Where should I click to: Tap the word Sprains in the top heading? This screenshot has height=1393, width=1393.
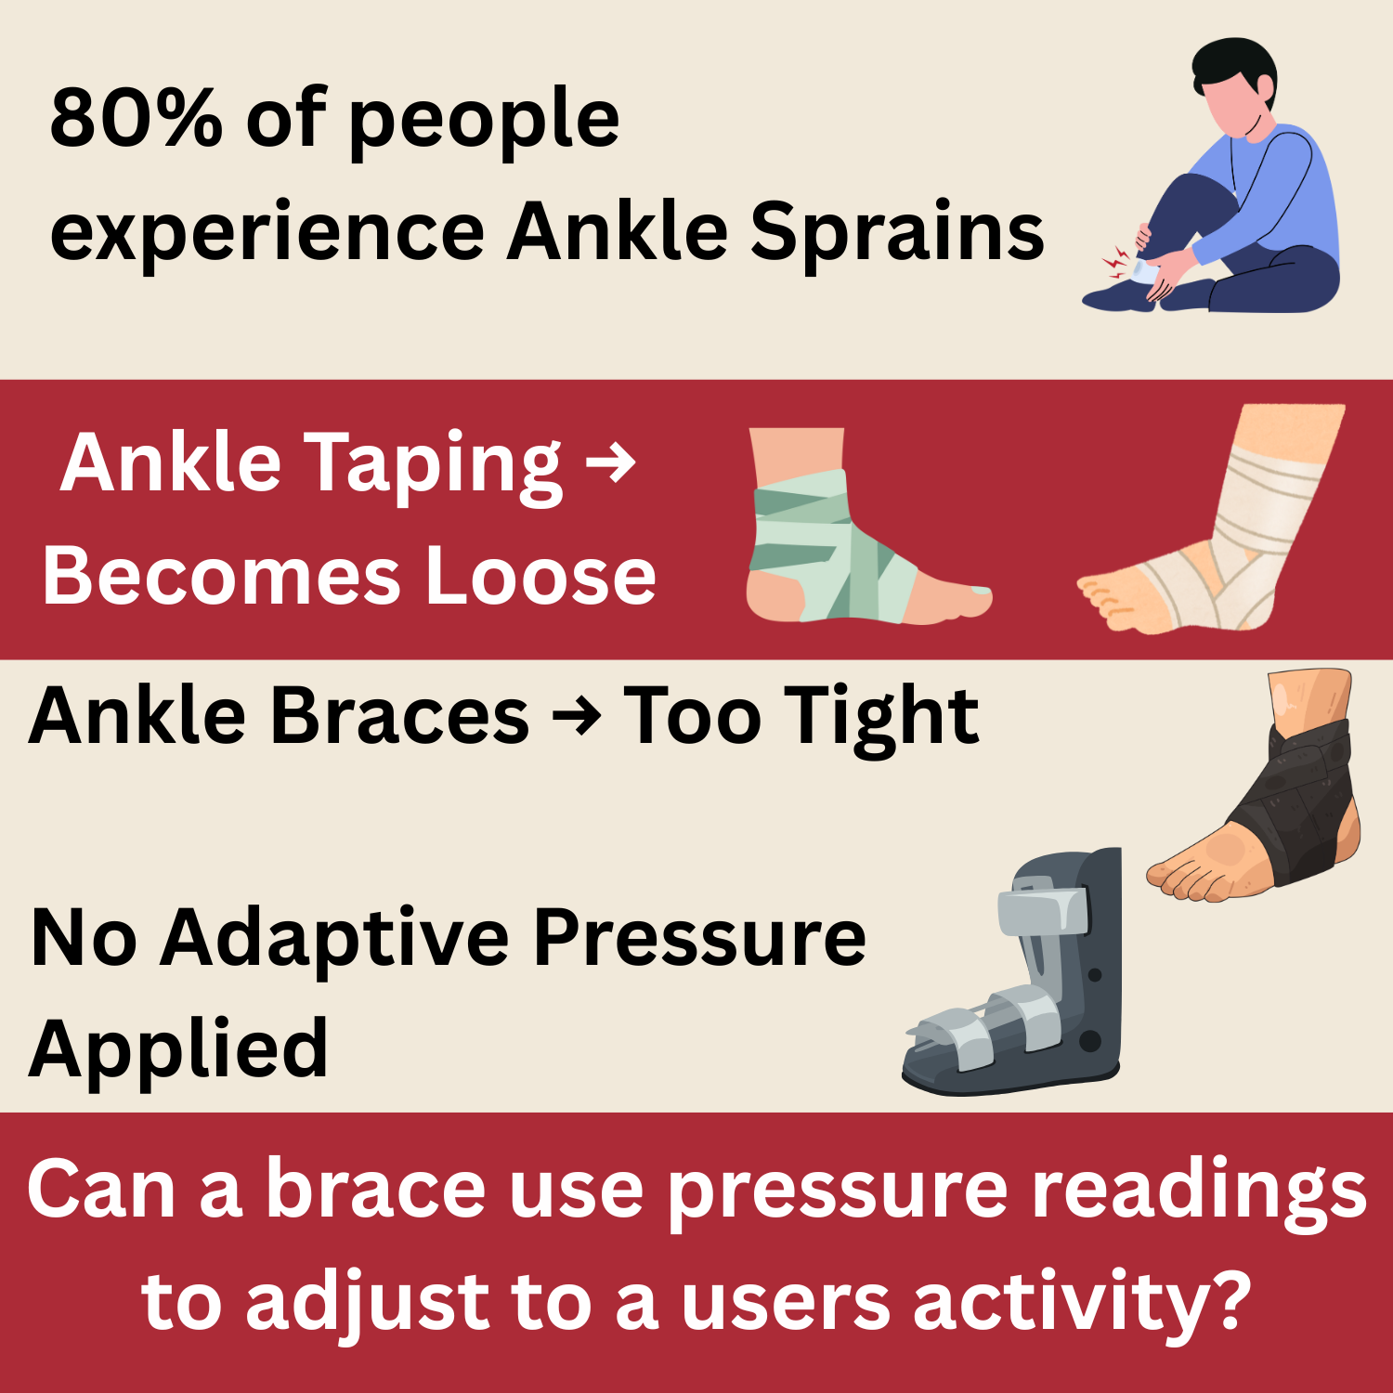point(897,232)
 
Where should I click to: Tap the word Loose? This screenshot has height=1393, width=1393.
point(540,576)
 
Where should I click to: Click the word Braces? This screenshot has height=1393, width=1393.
point(400,716)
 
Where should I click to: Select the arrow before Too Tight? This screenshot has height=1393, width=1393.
point(577,717)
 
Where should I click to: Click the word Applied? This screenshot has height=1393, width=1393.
point(178,1049)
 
